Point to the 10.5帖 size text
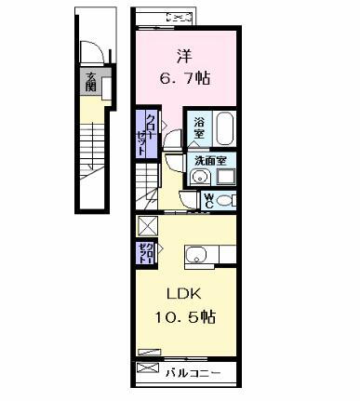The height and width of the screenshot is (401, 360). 184,317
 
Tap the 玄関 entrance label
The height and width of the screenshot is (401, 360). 91,83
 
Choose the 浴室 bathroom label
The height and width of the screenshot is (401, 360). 200,127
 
